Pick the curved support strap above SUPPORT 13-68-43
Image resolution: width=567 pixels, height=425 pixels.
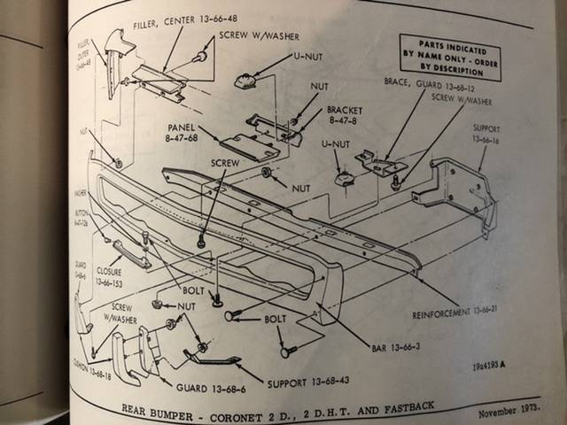(213, 358)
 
